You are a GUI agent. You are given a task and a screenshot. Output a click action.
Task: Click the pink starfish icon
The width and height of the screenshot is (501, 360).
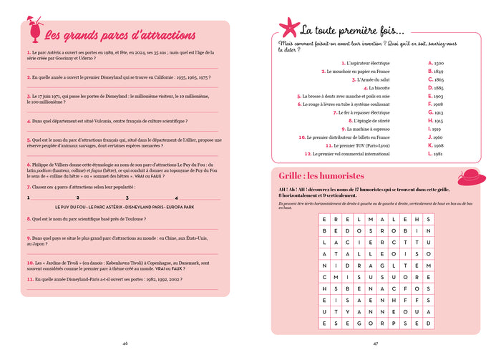[x=288, y=28]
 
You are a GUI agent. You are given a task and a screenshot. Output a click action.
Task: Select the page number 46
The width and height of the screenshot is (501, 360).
[x=125, y=343]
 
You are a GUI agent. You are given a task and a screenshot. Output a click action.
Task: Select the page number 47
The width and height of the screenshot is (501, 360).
[x=375, y=343]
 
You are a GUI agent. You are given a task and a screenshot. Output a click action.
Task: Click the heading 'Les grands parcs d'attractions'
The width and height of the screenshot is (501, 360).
[x=120, y=35]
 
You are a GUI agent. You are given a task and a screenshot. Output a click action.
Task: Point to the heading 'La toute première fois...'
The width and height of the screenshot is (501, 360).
[x=351, y=30]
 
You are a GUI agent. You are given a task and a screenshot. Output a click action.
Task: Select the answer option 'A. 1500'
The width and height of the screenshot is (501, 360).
[x=435, y=63]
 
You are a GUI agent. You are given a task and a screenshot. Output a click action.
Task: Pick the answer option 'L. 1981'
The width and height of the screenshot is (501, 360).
[x=435, y=153]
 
